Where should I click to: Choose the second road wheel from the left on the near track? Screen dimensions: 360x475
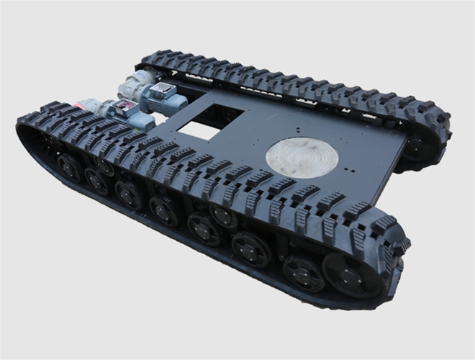pos(96,181)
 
